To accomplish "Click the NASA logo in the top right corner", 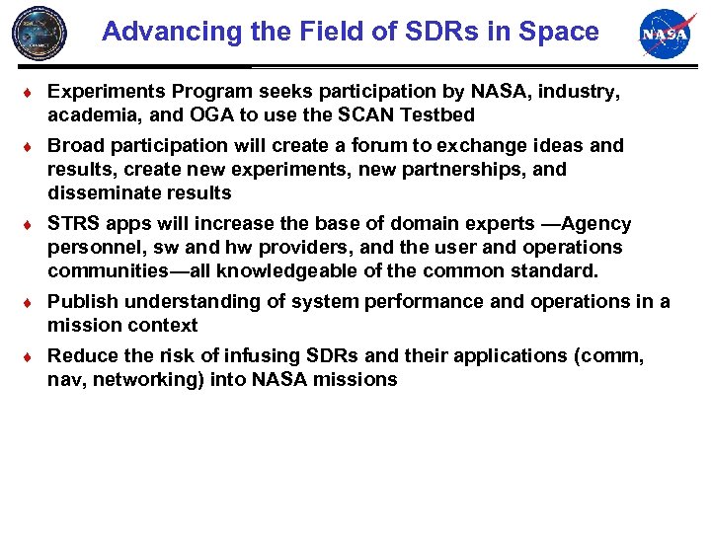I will [668, 34].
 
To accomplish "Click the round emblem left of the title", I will [40, 33].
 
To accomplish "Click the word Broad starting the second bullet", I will [76, 145].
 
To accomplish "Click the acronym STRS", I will [76, 223].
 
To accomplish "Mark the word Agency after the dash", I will [596, 223].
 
